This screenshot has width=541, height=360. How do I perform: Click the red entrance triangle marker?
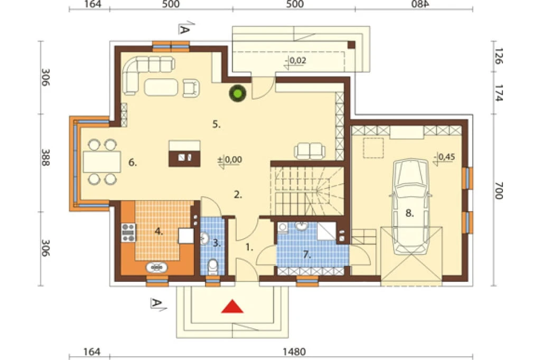pyautogui.click(x=232, y=306)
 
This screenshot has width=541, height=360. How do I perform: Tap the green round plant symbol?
pyautogui.click(x=238, y=93)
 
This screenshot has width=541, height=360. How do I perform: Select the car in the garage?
pyautogui.click(x=410, y=206)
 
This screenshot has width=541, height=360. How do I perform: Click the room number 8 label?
pyautogui.click(x=409, y=213)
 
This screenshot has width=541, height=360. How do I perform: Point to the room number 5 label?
pyautogui.click(x=216, y=124)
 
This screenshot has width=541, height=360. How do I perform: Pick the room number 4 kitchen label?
pyautogui.click(x=158, y=231)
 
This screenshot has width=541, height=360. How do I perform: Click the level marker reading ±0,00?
pyautogui.click(x=230, y=159)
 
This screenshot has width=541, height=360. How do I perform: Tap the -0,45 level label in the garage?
pyautogui.click(x=445, y=157)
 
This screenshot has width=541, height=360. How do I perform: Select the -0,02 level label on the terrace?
pyautogui.click(x=296, y=61)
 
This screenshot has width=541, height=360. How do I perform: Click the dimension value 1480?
pyautogui.click(x=294, y=352)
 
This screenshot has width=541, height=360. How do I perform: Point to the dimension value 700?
pyautogui.click(x=499, y=191)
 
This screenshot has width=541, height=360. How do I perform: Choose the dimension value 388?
pyautogui.click(x=45, y=157)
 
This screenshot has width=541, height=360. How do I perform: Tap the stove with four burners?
pyautogui.click(x=128, y=232)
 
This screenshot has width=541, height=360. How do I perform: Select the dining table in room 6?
pyautogui.click(x=102, y=162)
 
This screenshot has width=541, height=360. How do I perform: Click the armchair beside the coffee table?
pyautogui.click(x=191, y=88)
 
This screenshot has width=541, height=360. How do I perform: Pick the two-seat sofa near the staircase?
pyautogui.click(x=310, y=150)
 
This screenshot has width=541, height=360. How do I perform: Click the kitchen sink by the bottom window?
pyautogui.click(x=157, y=267)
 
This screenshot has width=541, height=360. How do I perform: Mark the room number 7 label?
pyautogui.click(x=307, y=255)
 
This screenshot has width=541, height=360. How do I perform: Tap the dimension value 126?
pyautogui.click(x=499, y=56)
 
